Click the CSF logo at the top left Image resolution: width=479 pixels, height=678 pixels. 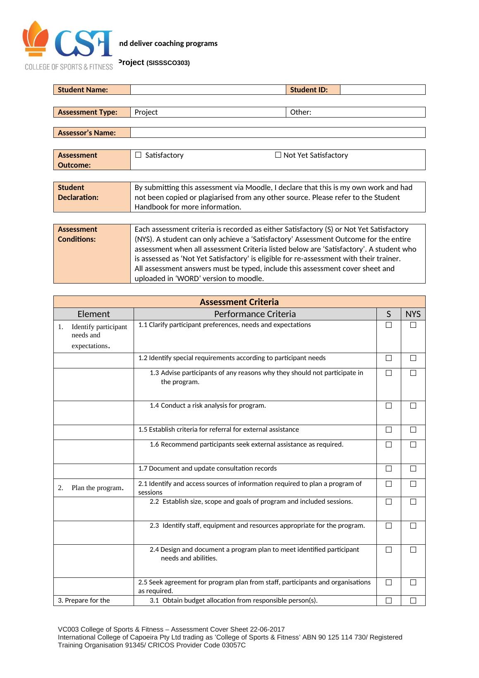(x=69, y=46)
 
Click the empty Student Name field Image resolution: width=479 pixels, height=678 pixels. (x=208, y=90)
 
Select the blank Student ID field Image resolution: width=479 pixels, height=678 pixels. (x=382, y=90)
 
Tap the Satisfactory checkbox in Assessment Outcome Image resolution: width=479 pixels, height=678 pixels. (x=138, y=155)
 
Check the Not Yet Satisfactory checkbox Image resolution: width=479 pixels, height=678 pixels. (x=278, y=155)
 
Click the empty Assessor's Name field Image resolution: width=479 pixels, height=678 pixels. (x=277, y=133)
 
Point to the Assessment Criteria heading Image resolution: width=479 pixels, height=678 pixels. (x=239, y=302)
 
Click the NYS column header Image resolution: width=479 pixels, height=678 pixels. (x=413, y=314)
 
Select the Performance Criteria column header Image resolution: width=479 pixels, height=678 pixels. (x=255, y=314)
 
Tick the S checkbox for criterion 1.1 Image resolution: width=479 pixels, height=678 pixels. (x=389, y=325)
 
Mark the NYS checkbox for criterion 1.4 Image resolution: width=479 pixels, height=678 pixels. (x=413, y=406)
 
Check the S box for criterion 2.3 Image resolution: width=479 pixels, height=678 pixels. (x=389, y=526)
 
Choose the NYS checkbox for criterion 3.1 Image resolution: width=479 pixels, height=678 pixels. (x=413, y=601)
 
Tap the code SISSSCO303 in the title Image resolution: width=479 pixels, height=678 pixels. (x=168, y=63)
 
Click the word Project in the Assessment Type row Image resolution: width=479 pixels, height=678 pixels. (x=146, y=112)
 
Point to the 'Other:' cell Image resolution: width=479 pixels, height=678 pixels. (x=301, y=112)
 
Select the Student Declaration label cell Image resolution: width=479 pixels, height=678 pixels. (x=92, y=197)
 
